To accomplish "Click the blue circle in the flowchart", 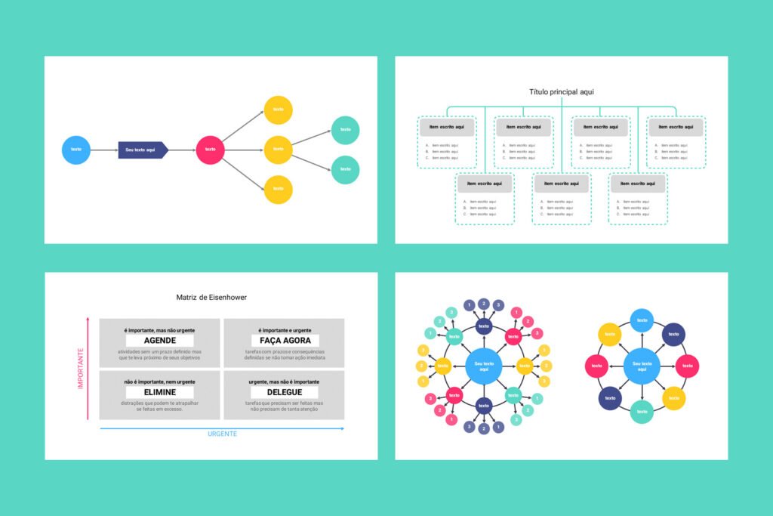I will [x=75, y=150].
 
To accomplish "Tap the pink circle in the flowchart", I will [x=210, y=150].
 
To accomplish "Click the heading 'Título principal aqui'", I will [x=562, y=92].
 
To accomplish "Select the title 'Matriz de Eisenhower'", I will [x=211, y=298].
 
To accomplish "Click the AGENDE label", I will [x=159, y=341].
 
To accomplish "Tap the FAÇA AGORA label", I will [x=285, y=341].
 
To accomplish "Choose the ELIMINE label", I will [x=159, y=393].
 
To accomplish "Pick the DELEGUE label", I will [x=285, y=393].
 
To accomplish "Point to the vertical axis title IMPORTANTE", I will [x=80, y=369].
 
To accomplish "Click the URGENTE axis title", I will [x=223, y=434].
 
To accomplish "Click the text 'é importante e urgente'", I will [x=285, y=330].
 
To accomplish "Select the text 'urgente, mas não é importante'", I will [x=285, y=382].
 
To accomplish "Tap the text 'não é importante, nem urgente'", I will [x=159, y=382].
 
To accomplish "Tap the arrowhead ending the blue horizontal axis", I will [x=343, y=428].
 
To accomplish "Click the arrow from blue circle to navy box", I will [x=104, y=150].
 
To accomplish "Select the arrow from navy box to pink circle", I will [x=181, y=150].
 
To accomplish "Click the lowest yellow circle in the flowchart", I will [x=278, y=189].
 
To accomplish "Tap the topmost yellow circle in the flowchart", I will [x=278, y=110].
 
